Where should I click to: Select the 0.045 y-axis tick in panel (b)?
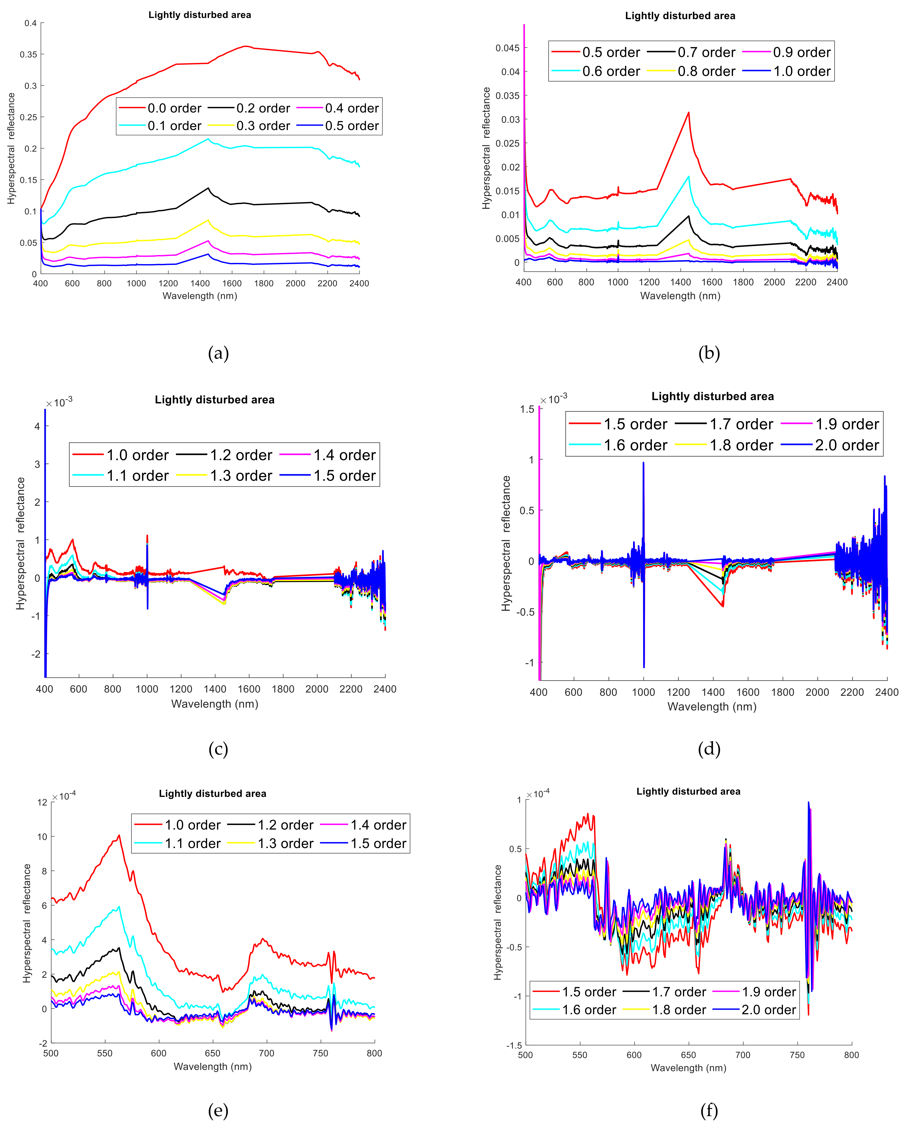coord(507,48)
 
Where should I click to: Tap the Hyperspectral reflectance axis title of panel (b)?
coord(486,148)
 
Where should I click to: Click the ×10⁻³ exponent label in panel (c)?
coord(59,403)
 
